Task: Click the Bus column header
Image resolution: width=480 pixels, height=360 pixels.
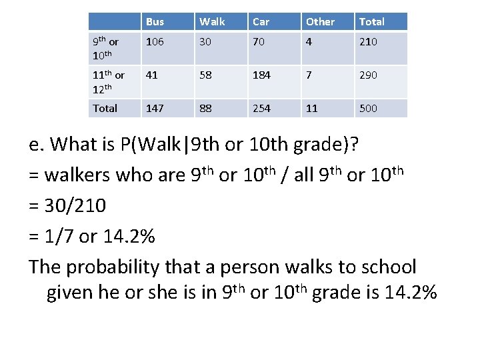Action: point(155,22)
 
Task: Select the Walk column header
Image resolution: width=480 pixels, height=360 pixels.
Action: point(212,22)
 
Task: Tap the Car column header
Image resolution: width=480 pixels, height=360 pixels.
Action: point(261,22)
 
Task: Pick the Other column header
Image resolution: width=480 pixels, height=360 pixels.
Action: point(320,22)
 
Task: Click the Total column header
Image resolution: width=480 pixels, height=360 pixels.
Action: point(371,22)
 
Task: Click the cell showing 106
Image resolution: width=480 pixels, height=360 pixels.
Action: point(155,42)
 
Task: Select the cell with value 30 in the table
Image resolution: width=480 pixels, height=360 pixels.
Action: point(205,42)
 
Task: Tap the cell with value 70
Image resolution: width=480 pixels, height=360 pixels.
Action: point(259,42)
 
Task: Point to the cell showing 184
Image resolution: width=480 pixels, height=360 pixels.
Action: point(261,75)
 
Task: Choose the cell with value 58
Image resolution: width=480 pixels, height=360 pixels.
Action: point(205,75)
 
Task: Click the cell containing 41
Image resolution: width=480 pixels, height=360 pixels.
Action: point(152,75)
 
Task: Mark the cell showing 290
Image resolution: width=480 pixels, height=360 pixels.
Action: point(368,75)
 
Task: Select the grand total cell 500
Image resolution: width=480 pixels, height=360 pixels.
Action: point(368,108)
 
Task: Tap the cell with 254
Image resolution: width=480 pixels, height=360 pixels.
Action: point(261,108)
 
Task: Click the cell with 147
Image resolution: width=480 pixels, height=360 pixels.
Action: point(155,108)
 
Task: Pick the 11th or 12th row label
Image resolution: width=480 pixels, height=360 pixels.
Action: point(109,81)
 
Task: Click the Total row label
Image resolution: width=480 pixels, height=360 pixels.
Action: point(105,108)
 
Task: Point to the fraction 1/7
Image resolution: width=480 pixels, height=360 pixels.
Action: point(58,236)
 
